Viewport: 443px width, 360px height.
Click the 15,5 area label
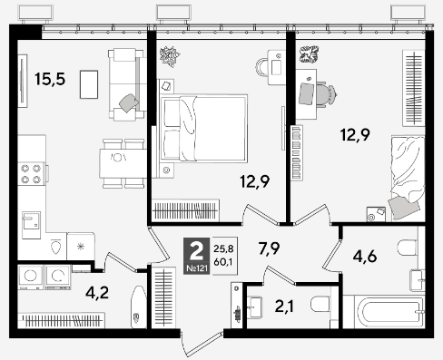click(50, 79)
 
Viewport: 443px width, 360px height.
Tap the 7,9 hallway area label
click(269, 248)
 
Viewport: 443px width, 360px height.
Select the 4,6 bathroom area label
click(365, 257)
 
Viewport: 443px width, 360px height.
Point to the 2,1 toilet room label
click(284, 306)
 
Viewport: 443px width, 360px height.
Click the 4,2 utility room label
click(97, 293)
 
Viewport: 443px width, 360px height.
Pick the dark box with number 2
click(196, 256)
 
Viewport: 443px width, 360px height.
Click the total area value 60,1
click(223, 262)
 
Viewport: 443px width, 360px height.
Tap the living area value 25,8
click(223, 248)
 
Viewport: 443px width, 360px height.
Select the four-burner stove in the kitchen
click(31, 173)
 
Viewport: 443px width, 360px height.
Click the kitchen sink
click(31, 225)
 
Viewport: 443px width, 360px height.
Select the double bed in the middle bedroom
click(203, 128)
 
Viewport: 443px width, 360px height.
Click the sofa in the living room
click(126, 84)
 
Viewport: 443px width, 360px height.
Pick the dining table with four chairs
click(123, 163)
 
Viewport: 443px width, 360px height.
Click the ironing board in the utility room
click(138, 306)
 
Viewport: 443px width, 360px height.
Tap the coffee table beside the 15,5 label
click(89, 84)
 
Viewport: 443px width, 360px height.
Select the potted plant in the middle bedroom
click(170, 56)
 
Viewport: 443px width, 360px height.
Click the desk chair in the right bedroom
click(327, 93)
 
